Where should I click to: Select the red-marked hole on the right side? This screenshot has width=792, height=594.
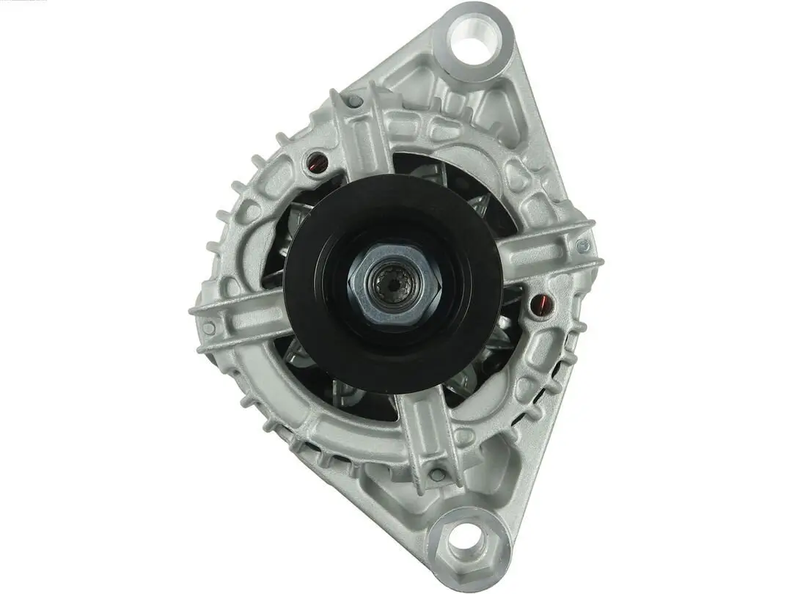(540, 303)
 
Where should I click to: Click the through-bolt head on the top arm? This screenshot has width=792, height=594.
(356, 101)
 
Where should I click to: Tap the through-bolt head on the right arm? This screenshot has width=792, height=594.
(583, 246)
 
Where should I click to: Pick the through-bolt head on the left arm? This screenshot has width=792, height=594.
(209, 327)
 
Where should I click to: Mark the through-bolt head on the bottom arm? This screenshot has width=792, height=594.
(439, 474)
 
